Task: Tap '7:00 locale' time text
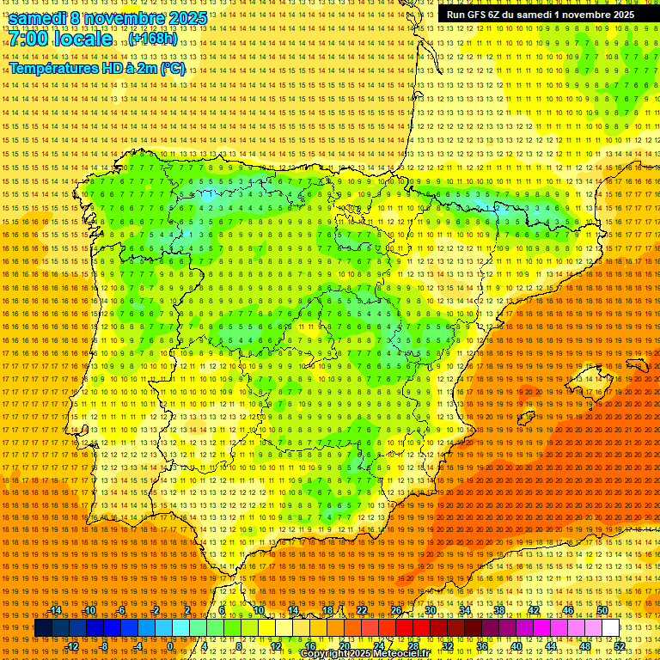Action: pyautogui.click(x=60, y=39)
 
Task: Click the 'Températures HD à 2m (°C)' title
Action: pyautogui.click(x=96, y=68)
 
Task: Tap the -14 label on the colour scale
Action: pyautogui.click(x=56, y=610)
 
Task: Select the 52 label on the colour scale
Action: pyautogui.click(x=620, y=646)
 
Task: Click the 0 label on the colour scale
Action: pyautogui.click(x=171, y=646)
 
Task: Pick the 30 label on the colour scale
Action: pyautogui.click(x=430, y=610)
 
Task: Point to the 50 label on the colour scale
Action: pyautogui.click(x=602, y=610)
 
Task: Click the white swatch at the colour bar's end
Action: pyautogui.click(x=611, y=628)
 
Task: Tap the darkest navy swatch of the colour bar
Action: pyautogui.click(x=43, y=628)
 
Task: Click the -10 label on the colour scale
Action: pyautogui.click(x=89, y=610)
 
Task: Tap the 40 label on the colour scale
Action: pyautogui.click(x=516, y=646)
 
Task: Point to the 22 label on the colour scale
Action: pyautogui.click(x=361, y=610)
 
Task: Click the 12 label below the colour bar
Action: pyautogui.click(x=276, y=646)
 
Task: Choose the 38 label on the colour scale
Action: pyautogui.click(x=498, y=610)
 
